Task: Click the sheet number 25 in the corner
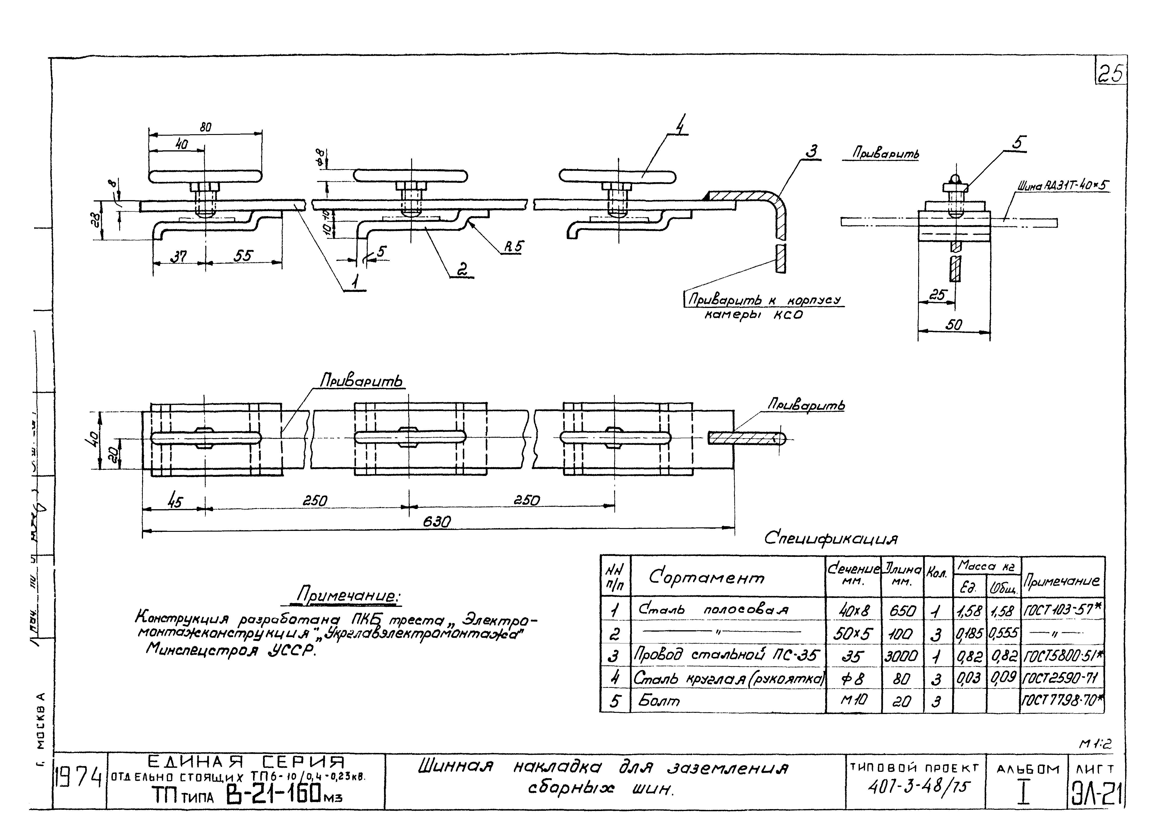[1111, 75]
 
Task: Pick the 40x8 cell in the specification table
[853, 610]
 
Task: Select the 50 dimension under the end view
[953, 324]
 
